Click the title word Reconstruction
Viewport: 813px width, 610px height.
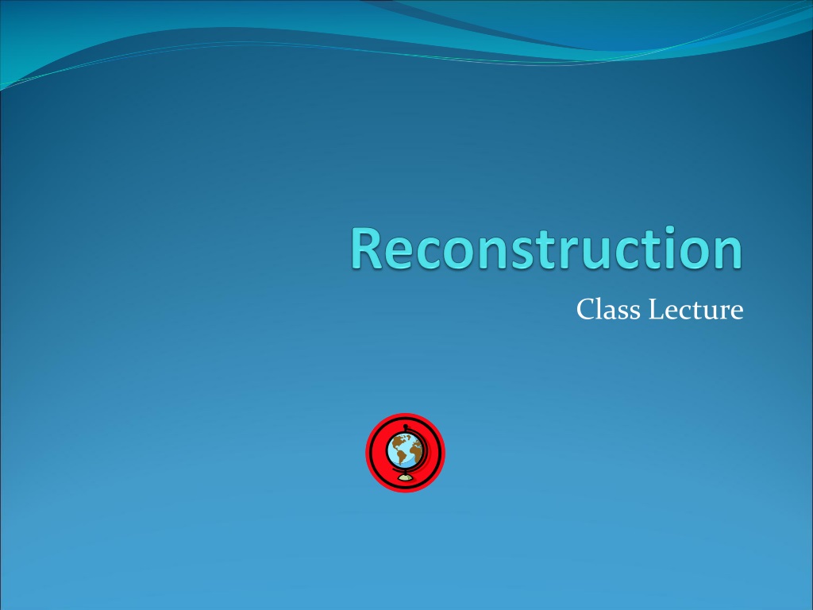(547, 248)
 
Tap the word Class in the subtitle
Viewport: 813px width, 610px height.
(608, 310)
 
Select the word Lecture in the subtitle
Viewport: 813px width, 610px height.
(695, 310)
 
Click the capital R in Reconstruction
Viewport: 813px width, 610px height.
(368, 249)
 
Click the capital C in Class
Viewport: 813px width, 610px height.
(586, 310)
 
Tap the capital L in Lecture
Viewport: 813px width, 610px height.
(657, 310)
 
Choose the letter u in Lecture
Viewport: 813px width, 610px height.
(713, 313)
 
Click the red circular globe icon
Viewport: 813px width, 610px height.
(406, 452)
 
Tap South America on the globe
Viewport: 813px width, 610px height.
(400, 457)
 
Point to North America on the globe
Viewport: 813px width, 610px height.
(399, 442)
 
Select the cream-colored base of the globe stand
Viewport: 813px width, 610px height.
(405, 477)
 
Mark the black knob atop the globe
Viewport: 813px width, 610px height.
(405, 427)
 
